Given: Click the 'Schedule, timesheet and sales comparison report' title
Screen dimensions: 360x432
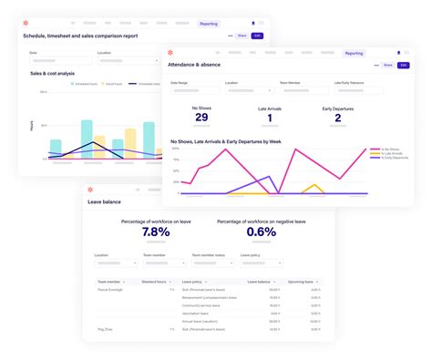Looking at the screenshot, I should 94,36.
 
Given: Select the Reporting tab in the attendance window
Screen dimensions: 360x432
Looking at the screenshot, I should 354,54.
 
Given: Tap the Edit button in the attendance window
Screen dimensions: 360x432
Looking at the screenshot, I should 403,66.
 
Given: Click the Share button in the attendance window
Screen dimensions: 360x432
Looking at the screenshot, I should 387,66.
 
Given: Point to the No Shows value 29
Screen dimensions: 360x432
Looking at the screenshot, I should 201,117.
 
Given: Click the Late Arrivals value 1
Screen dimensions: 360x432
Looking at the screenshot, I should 270,117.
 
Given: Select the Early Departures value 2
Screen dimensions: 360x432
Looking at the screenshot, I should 337,117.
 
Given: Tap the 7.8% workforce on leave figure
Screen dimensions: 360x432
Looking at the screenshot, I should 156,231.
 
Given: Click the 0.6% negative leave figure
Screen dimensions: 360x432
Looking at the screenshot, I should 261,231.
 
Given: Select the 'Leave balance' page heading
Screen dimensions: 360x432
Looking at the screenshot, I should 107,201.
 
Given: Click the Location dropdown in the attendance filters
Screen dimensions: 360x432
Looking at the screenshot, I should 248,90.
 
